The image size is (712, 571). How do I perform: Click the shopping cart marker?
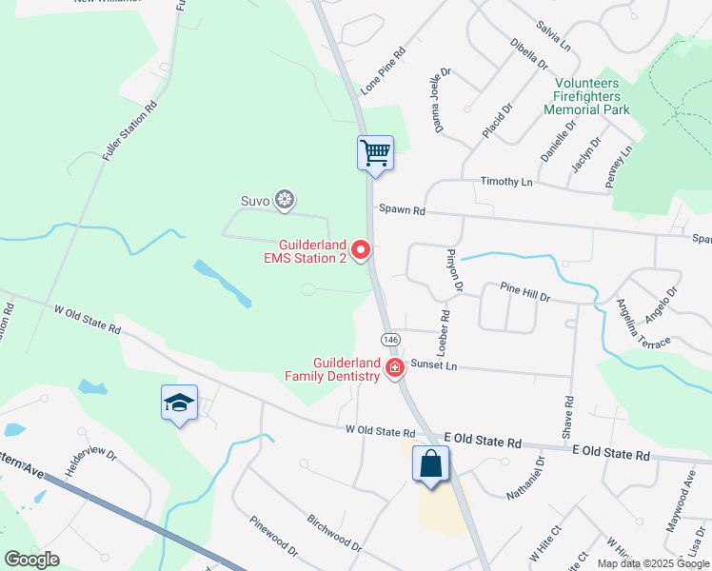tap(375, 152)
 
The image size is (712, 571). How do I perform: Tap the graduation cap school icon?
tap(178, 403)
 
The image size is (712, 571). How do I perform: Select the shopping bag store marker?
tap(430, 464)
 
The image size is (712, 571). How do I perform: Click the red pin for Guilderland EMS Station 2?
tap(361, 250)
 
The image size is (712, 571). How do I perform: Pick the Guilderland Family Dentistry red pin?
tap(394, 368)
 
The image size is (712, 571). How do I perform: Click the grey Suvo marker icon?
tap(284, 200)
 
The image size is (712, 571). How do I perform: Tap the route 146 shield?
tap(391, 340)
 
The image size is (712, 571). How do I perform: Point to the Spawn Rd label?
tap(400, 209)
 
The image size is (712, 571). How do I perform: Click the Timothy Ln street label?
tap(505, 182)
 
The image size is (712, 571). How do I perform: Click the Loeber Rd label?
tap(444, 325)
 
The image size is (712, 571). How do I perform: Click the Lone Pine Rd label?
tap(384, 71)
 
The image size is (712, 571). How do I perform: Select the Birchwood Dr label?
tap(334, 533)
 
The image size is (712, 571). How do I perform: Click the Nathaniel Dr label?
tap(525, 479)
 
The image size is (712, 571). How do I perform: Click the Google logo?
tap(31, 559)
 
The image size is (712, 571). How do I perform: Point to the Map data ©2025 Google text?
tap(652, 563)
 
